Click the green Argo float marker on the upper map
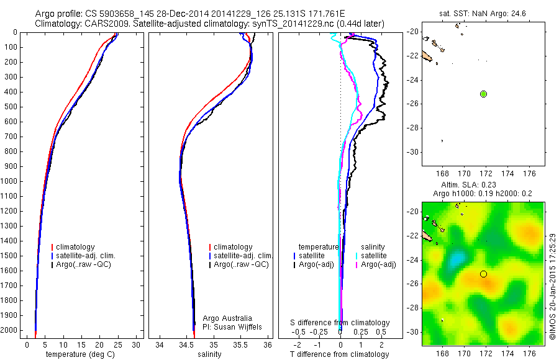483,94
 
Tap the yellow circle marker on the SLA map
483,274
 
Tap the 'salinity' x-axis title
210,354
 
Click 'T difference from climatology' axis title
340,354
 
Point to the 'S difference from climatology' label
340,323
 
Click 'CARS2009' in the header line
102,24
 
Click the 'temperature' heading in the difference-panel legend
319,247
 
